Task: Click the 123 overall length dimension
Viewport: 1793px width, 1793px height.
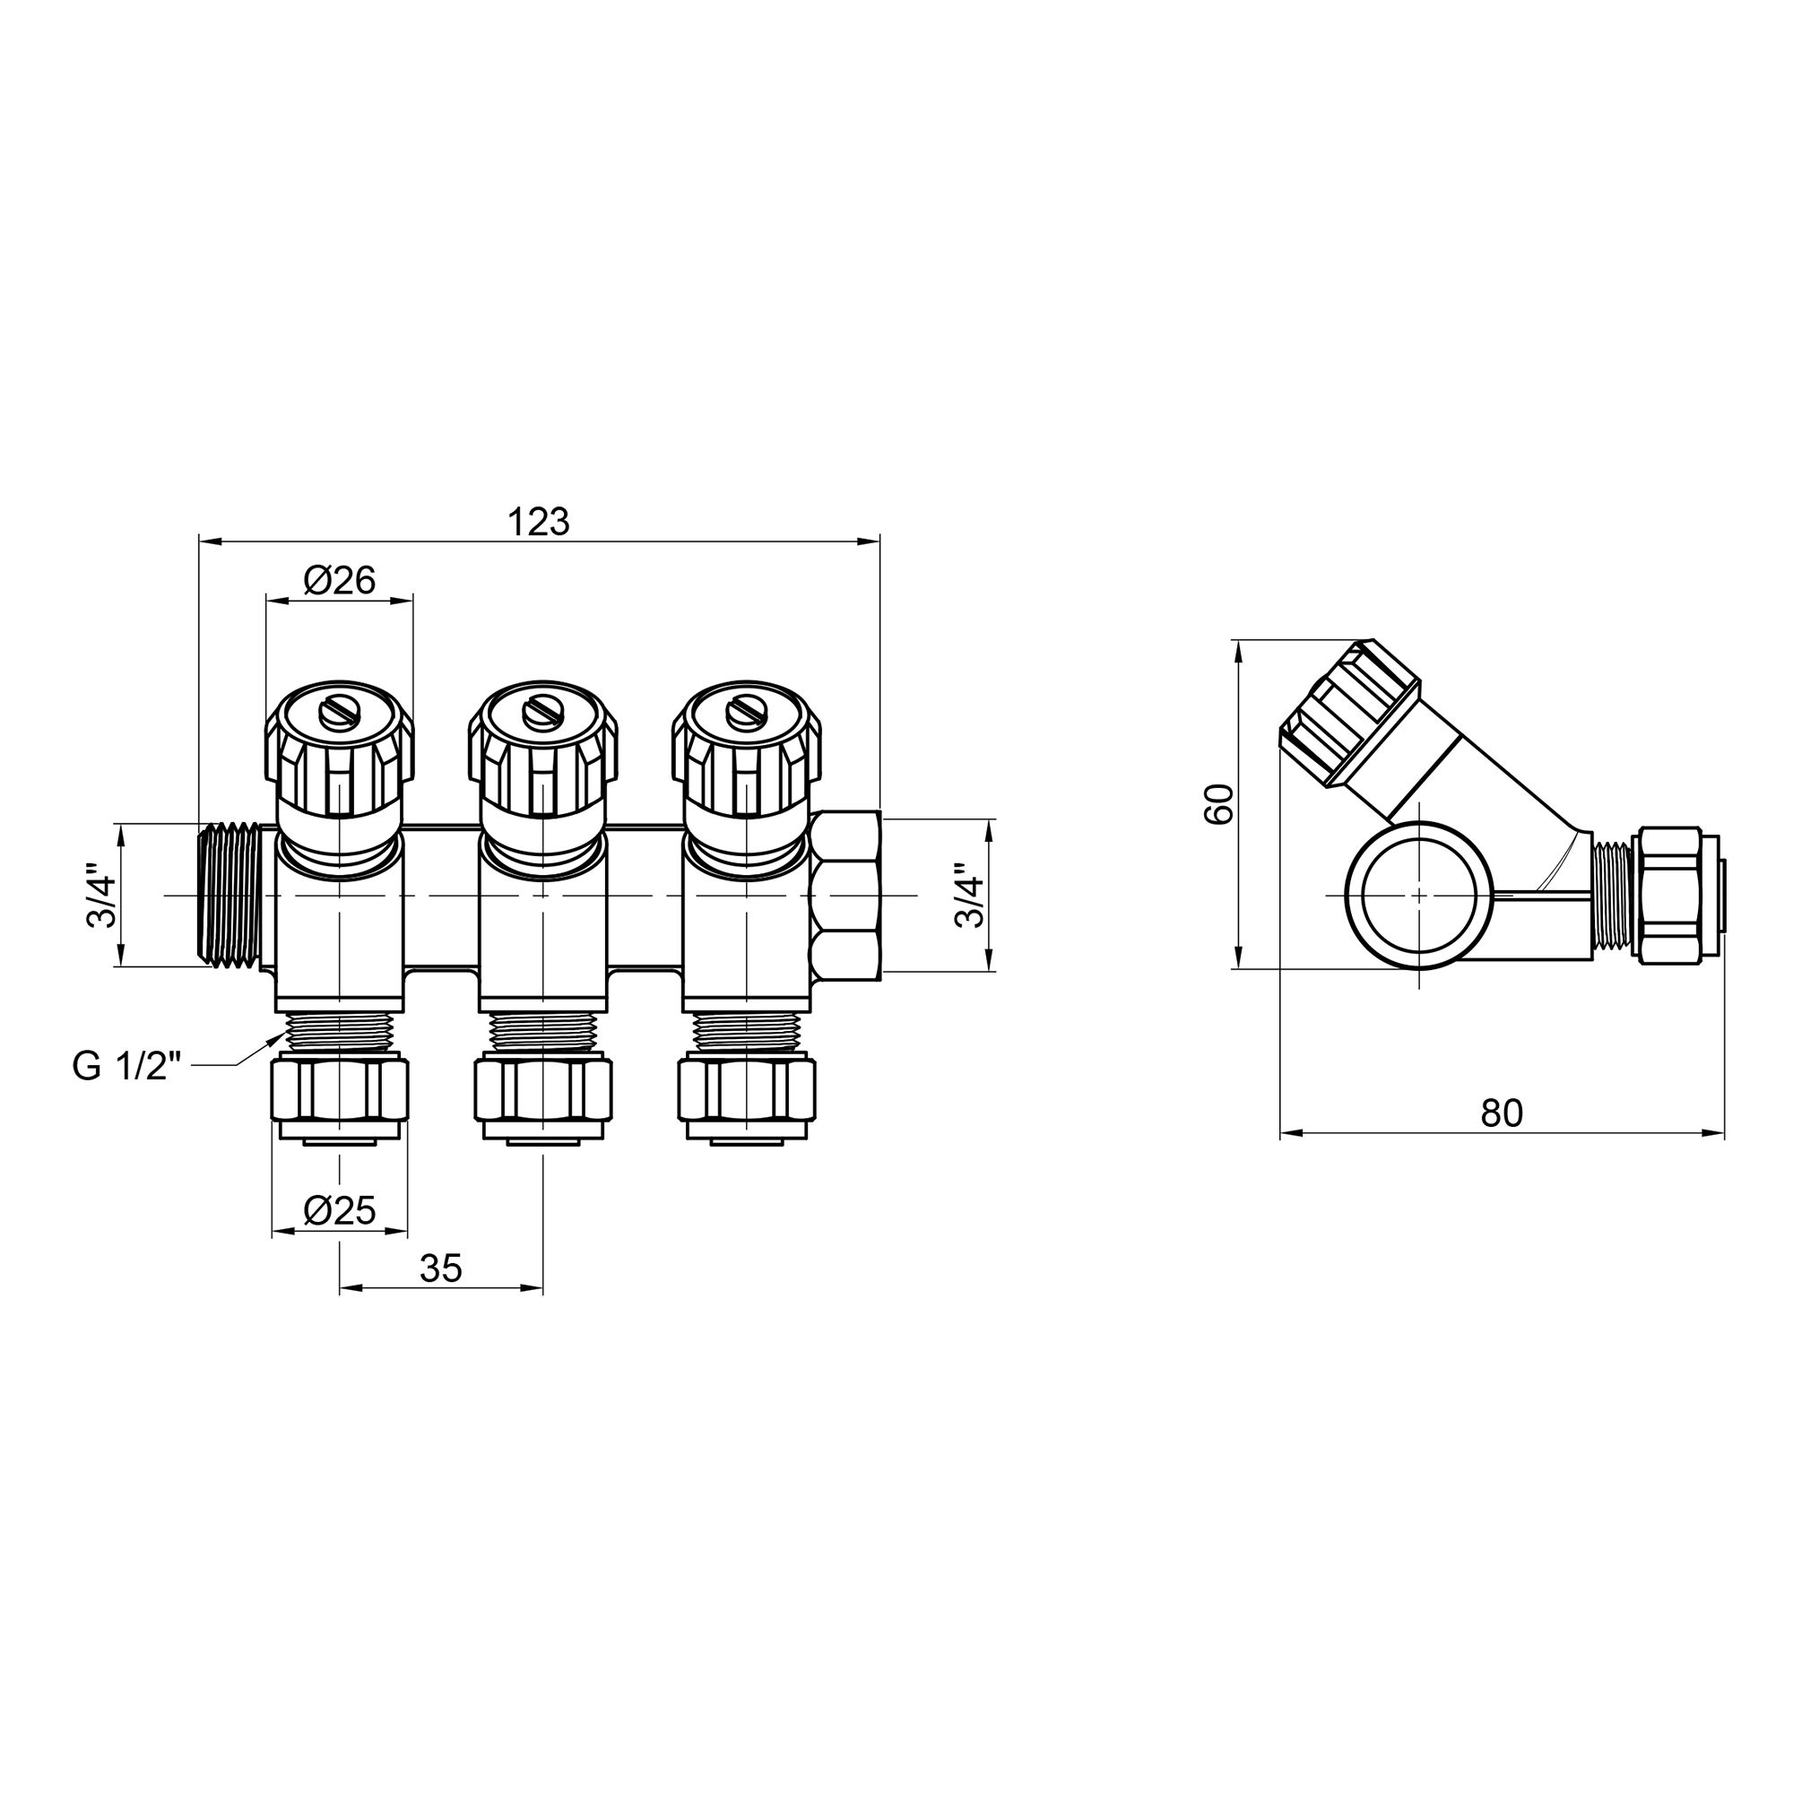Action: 538,523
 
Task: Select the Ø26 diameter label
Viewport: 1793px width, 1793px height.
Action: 339,581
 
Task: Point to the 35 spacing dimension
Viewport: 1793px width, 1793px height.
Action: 441,1268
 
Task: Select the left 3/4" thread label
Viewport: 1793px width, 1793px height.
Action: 101,896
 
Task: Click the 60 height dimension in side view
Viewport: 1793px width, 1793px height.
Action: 1218,803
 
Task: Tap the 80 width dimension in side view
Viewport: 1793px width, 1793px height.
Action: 1501,1113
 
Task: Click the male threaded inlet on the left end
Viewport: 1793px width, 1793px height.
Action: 232,896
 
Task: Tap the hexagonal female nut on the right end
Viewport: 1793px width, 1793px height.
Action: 845,896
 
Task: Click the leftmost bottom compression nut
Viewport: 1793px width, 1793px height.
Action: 340,1094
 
